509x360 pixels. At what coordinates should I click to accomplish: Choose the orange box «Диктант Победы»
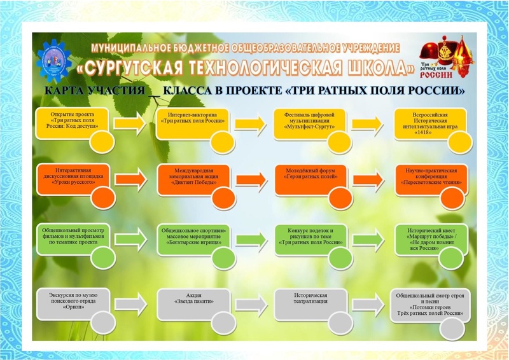click(189, 176)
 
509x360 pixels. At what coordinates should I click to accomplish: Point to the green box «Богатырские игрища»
click(189, 236)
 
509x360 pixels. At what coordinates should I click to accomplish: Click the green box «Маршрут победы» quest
click(428, 236)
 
